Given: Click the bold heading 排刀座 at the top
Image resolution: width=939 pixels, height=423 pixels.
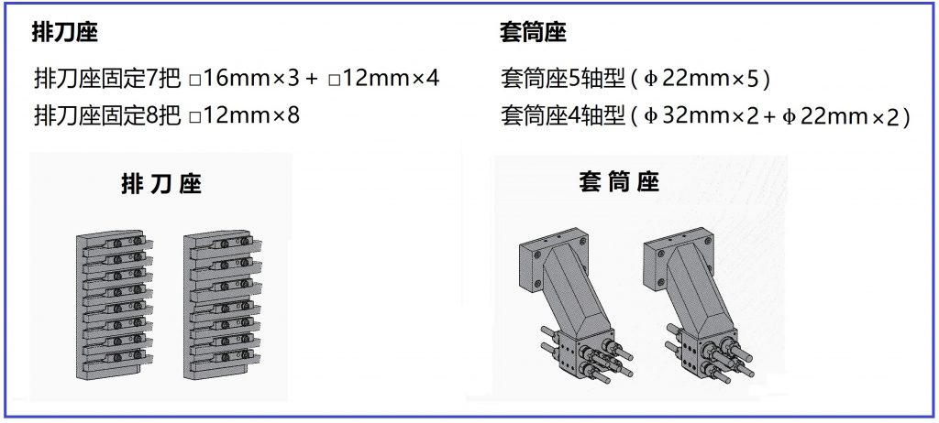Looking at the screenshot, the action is click(64, 32).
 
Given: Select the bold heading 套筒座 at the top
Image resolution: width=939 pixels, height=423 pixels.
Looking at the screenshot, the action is click(533, 32).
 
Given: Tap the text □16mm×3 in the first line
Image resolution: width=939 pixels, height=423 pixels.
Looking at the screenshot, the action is click(243, 79).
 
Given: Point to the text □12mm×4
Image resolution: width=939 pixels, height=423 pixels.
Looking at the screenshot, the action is click(384, 79).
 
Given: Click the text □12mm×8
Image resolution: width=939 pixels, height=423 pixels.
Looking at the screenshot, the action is click(244, 115).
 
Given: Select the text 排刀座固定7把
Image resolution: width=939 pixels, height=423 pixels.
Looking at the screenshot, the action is click(108, 79).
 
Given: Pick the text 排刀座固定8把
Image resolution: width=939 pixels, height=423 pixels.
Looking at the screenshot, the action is click(108, 115).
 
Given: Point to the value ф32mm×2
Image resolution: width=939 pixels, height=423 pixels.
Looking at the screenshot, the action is click(698, 116).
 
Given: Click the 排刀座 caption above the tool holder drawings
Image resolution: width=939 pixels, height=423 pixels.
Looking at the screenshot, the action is click(161, 185).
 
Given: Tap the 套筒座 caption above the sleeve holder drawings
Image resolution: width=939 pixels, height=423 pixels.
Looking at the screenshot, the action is click(619, 182).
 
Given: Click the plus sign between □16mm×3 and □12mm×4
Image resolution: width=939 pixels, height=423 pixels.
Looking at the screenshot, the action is click(311, 79).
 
